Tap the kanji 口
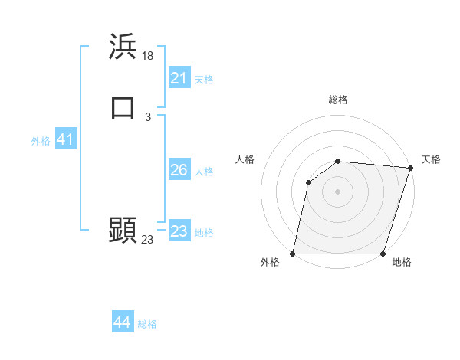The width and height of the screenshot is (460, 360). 123,108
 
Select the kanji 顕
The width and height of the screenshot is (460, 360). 123,229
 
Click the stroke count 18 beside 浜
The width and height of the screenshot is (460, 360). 149,55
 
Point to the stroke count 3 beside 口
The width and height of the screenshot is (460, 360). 148,116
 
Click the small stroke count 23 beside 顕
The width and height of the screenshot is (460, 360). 148,239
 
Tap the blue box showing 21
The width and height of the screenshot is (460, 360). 179,78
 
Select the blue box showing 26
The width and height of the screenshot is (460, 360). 179,170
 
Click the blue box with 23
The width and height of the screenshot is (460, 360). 179,231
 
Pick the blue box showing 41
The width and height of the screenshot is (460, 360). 65,140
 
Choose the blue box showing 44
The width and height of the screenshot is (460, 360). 123,323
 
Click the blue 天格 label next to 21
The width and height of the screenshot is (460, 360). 204,79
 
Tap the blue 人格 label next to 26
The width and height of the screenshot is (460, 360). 204,171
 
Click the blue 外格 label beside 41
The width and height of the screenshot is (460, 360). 41,141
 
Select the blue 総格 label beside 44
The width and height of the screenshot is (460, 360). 147,324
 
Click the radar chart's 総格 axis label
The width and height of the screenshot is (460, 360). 338,100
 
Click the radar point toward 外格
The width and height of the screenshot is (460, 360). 293,254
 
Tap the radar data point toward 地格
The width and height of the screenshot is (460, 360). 383,254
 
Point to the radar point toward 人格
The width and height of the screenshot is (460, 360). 308,182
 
